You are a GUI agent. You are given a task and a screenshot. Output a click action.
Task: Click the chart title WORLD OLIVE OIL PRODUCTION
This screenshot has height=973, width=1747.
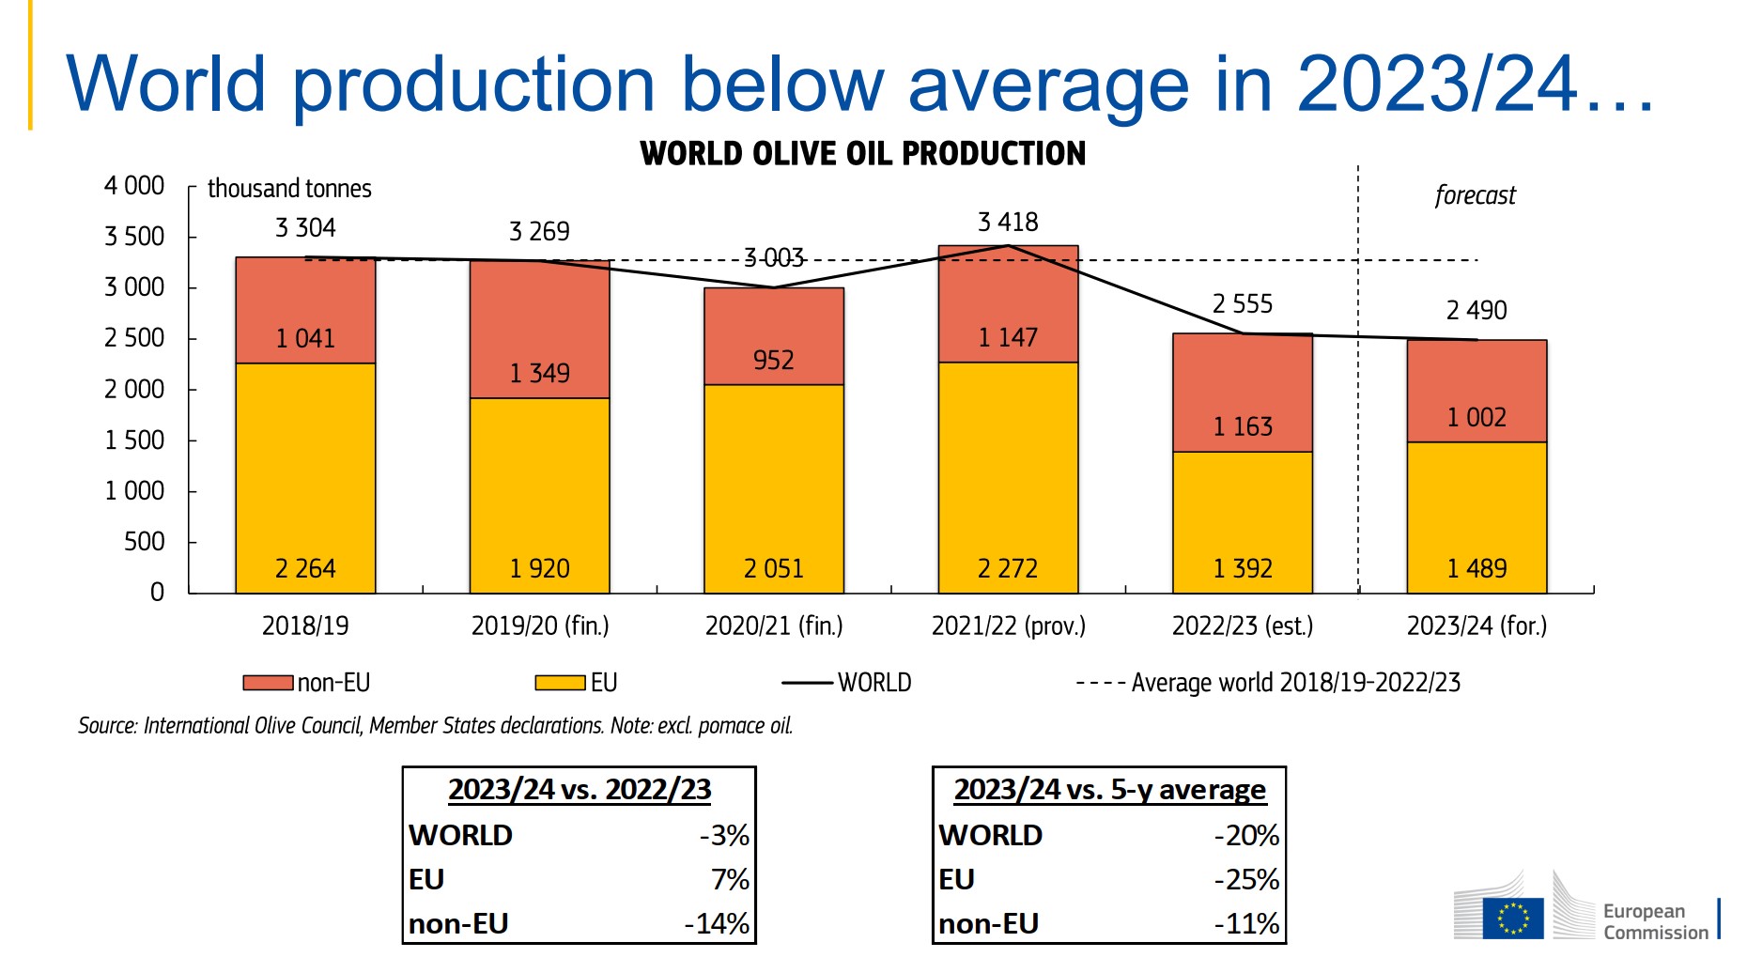(862, 153)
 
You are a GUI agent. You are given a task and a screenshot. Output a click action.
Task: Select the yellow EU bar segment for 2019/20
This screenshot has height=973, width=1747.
(539, 495)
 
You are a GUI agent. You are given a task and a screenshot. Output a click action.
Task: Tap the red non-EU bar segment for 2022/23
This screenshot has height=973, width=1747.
(1242, 393)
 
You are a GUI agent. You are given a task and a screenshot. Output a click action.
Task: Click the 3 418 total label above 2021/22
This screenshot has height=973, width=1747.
(1008, 222)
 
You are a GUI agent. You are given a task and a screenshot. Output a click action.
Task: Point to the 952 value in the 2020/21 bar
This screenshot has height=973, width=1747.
(773, 360)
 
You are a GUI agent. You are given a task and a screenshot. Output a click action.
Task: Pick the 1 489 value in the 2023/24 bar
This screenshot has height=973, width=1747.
(1476, 568)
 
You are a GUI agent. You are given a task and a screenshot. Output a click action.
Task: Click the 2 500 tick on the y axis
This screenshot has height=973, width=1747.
(134, 337)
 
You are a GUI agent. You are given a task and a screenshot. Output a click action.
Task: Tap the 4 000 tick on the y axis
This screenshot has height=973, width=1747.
(134, 185)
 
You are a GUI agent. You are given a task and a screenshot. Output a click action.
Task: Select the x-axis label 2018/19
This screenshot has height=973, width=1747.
(305, 625)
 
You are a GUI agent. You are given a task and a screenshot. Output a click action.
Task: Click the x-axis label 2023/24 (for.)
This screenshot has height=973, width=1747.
(1476, 625)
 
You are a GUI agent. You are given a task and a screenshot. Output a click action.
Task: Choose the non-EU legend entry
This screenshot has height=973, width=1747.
(307, 683)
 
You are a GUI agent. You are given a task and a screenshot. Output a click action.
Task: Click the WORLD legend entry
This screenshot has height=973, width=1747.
(846, 683)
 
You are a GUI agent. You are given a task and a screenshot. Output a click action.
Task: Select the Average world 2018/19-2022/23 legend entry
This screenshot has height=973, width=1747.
(1268, 683)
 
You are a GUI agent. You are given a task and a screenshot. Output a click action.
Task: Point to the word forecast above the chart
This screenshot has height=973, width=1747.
(1475, 195)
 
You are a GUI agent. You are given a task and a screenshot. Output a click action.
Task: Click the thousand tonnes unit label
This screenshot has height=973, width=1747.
(289, 189)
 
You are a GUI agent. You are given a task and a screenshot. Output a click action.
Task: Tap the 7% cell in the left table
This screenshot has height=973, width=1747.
(730, 879)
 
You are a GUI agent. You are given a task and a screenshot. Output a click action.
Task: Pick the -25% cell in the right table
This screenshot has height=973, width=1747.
(1246, 879)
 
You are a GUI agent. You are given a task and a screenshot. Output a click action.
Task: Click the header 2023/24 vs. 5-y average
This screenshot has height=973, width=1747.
(1109, 790)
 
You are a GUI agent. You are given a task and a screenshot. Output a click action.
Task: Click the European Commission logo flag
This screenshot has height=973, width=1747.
(1512, 918)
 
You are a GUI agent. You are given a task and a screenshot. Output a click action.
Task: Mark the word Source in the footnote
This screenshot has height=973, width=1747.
(107, 725)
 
